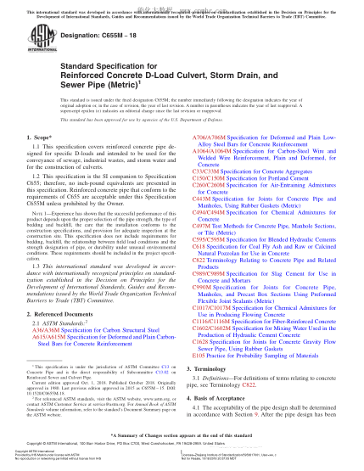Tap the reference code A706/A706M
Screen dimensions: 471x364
tap(210, 136)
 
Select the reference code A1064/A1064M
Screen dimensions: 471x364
tap(213, 149)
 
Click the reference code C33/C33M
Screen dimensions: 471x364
tap(206, 171)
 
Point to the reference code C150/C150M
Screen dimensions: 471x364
tap(209, 177)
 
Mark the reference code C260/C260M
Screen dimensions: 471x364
tap(209, 185)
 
